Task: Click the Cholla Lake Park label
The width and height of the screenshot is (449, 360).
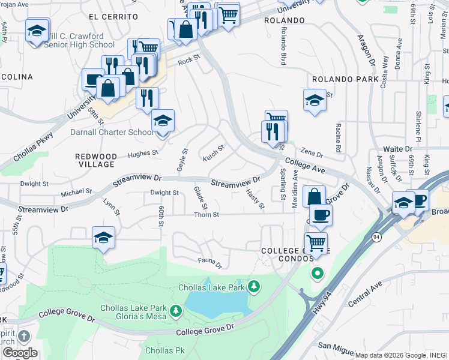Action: coord(211,287)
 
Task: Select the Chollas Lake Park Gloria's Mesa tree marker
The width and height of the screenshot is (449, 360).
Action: coord(176,311)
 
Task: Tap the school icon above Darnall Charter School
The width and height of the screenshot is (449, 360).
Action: coord(162,120)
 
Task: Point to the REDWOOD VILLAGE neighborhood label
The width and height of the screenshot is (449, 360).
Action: coord(95,160)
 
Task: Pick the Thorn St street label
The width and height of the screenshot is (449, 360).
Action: coord(206,215)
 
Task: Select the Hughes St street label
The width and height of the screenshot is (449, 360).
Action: coord(142,154)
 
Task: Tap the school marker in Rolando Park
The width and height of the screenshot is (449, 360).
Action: coord(315,100)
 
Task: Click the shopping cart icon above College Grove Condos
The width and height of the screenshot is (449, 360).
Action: coord(316,242)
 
